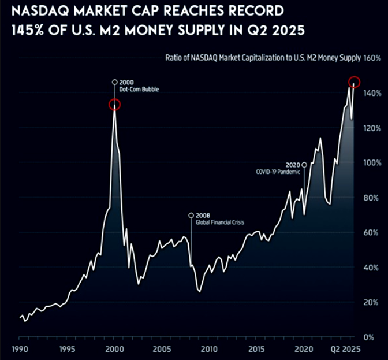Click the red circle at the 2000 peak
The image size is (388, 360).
[x=114, y=105]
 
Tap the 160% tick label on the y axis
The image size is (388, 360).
[x=372, y=58]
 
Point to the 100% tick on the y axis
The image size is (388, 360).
[x=372, y=163]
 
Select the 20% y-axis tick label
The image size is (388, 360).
[x=372, y=302]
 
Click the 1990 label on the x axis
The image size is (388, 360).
[x=19, y=349]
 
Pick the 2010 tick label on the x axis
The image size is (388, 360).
[x=209, y=349]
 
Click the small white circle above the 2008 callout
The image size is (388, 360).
[x=192, y=215]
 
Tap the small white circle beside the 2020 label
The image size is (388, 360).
[x=304, y=165]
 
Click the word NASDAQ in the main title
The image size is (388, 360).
[x=38, y=11]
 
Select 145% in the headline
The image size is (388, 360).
[x=28, y=30]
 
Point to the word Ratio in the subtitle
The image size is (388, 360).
[x=176, y=58]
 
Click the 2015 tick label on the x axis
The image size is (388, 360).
[x=256, y=349]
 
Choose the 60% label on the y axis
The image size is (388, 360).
[x=372, y=233]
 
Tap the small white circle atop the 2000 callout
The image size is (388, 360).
[x=114, y=82]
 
